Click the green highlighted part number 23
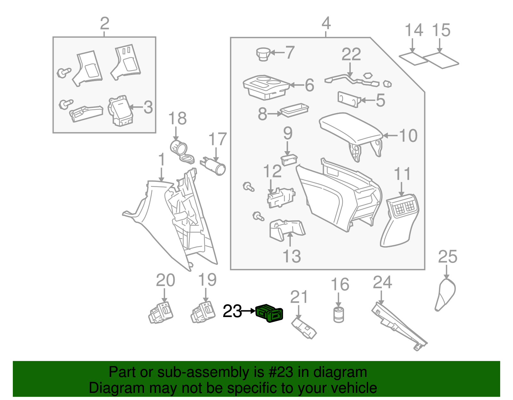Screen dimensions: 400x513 tap(270, 313)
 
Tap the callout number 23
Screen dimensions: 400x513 tap(232, 311)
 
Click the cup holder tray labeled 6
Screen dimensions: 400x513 tap(266, 87)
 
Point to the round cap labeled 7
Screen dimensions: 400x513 tap(263, 53)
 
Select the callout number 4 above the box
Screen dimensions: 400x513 tap(326, 23)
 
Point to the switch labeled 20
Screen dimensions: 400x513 tap(161, 312)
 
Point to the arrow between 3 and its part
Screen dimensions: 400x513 tap(136, 107)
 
